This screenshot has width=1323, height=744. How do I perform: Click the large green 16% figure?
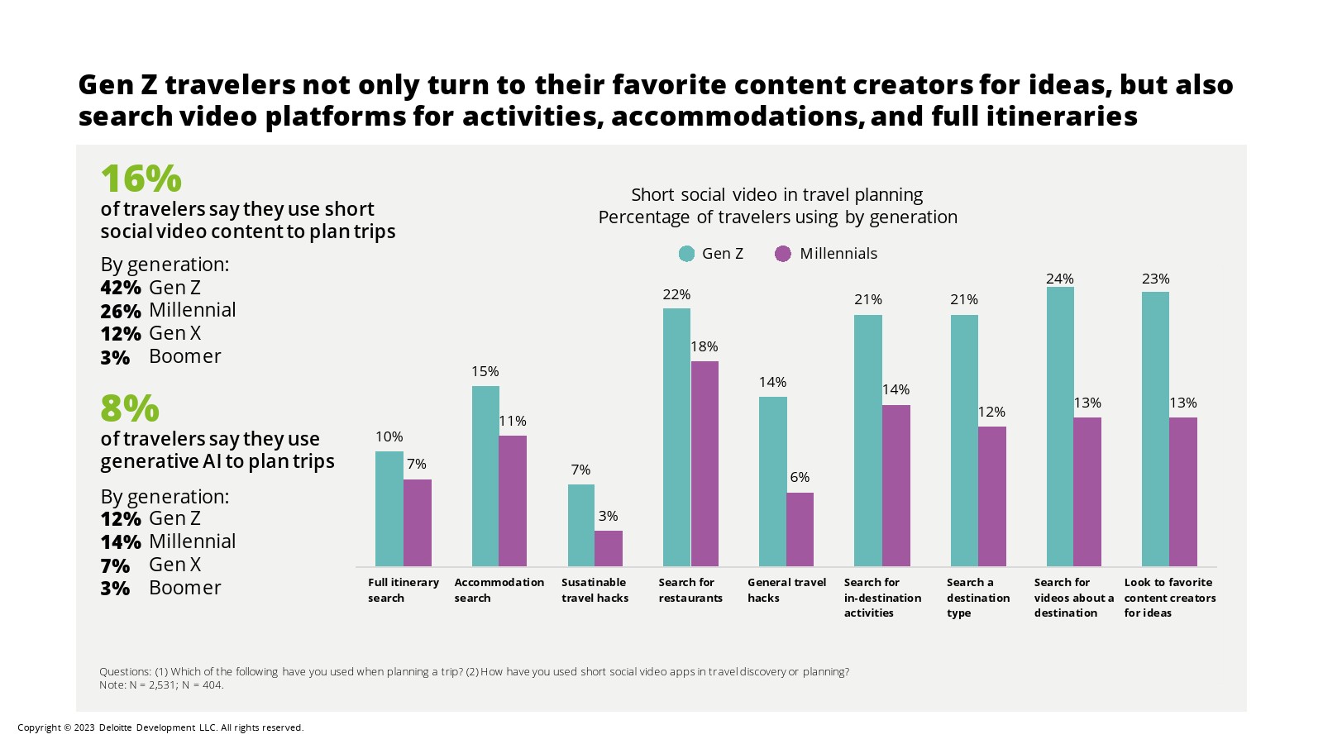point(141,179)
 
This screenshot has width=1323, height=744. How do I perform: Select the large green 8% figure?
point(129,408)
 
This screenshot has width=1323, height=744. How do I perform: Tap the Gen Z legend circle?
point(686,254)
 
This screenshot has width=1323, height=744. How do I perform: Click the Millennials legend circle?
point(783,254)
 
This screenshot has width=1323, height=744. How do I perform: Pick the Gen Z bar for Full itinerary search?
point(389,508)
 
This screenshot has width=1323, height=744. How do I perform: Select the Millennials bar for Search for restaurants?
point(704,463)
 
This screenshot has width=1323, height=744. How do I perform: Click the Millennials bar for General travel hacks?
point(800,529)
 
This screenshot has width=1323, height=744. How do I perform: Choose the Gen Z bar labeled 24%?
point(1060,426)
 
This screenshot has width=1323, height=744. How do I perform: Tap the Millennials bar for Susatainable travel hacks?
point(609,548)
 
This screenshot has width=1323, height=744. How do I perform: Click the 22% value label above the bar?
point(676,294)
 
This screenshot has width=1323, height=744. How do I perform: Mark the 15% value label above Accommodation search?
point(485,371)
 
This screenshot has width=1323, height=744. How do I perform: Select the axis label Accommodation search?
point(499,589)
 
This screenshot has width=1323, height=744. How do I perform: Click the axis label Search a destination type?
point(977,597)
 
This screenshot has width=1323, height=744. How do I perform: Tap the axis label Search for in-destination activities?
point(881,597)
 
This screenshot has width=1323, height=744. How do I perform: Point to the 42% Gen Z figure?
point(121,288)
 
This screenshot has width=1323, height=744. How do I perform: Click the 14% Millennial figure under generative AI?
point(121,542)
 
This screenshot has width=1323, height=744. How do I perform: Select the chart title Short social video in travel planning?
point(776,195)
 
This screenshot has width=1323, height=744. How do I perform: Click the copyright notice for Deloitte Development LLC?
point(160,727)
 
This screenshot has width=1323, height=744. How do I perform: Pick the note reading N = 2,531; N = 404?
point(161,684)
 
